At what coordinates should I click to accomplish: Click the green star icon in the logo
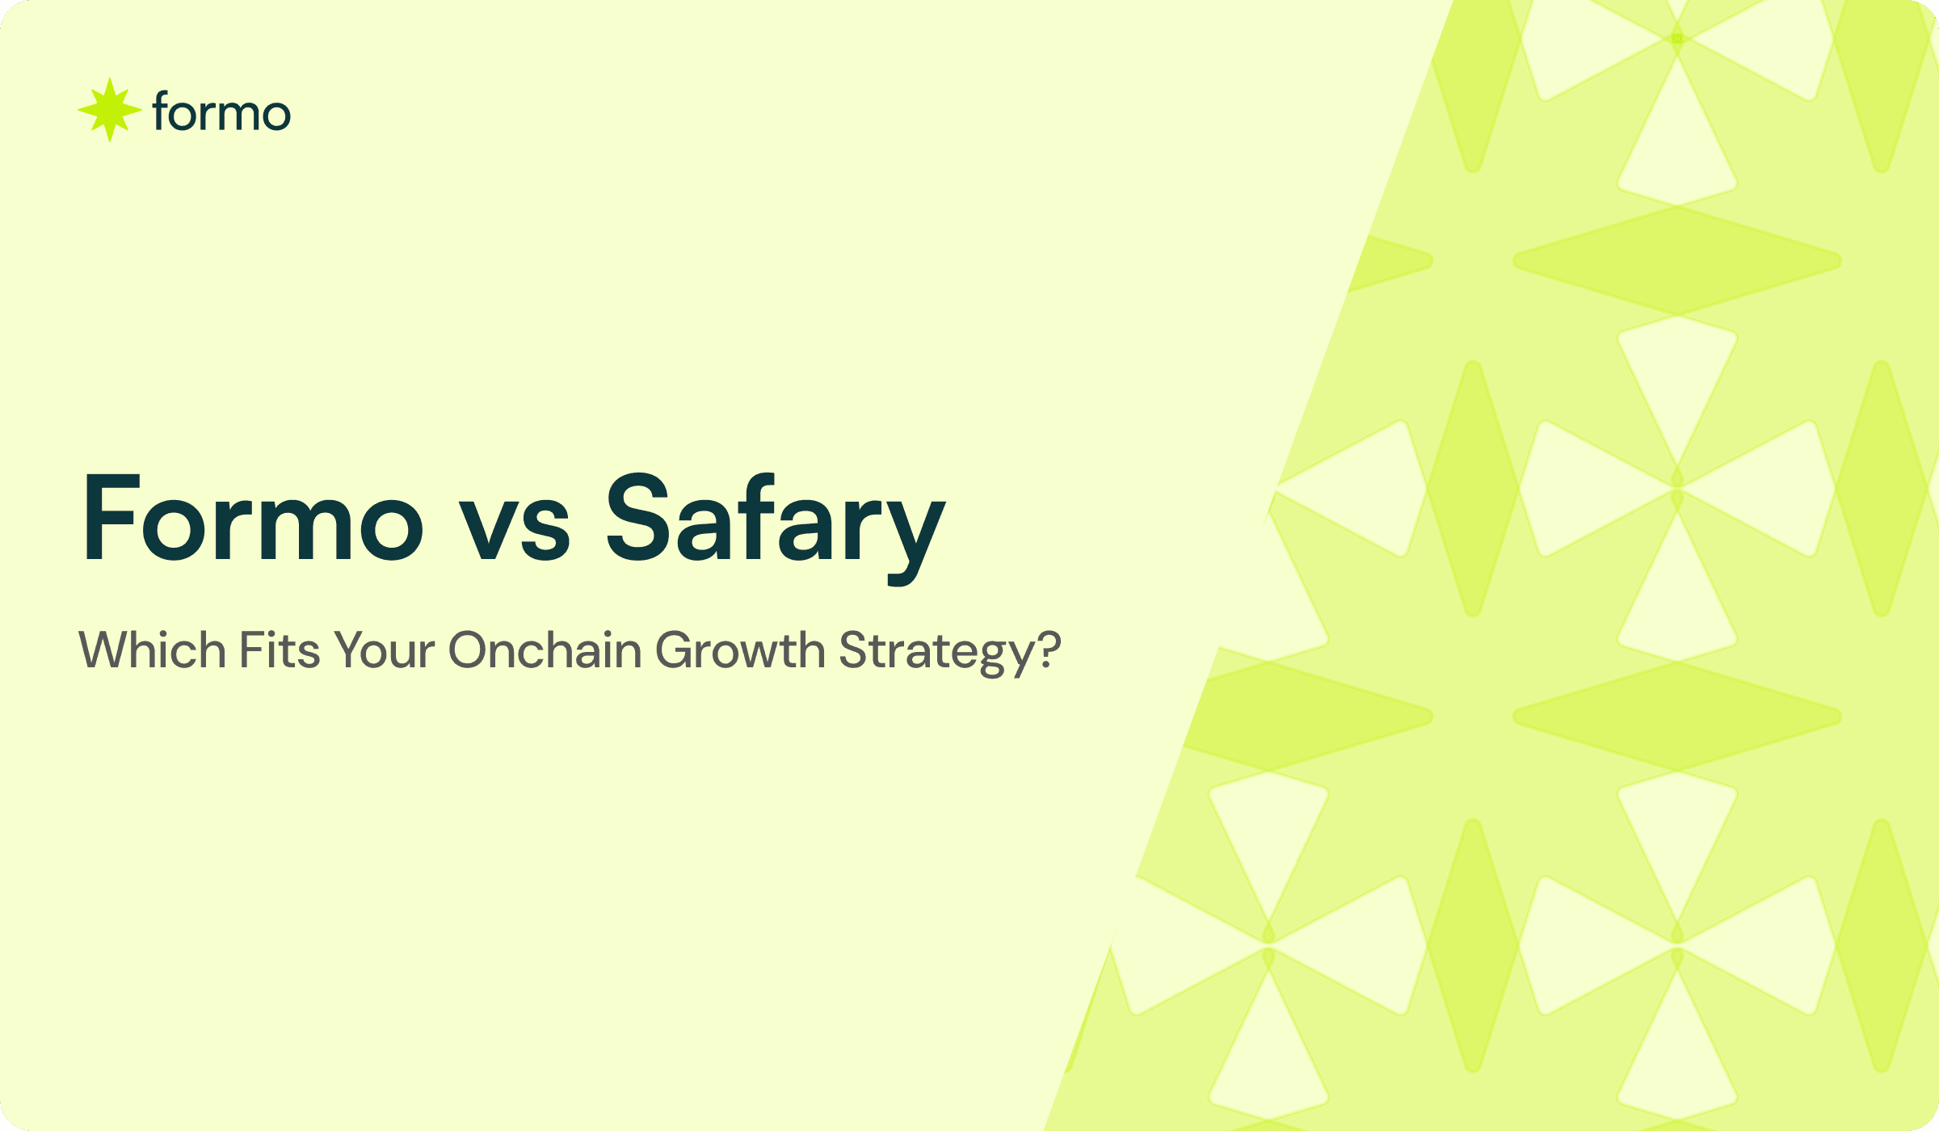(110, 110)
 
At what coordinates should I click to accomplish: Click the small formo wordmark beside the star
(221, 112)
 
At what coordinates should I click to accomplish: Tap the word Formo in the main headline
(253, 519)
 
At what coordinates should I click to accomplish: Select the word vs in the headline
(515, 527)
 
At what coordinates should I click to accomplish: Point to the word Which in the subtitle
(152, 650)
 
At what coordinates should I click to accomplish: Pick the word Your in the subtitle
(385, 651)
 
